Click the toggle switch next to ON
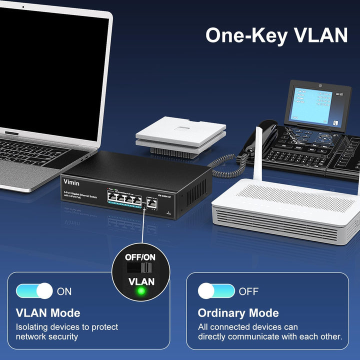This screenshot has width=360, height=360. pyautogui.click(x=34, y=291)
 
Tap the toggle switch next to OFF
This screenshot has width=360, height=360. pyautogui.click(x=216, y=291)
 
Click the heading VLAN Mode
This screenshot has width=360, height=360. pyautogui.click(x=48, y=313)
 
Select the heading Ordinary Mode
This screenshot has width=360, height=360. pyautogui.click(x=238, y=313)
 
